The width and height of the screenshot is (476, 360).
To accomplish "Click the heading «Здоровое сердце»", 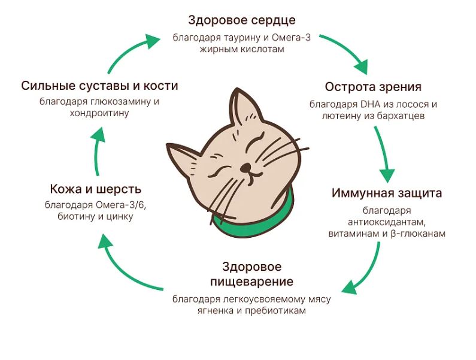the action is tap(242, 20).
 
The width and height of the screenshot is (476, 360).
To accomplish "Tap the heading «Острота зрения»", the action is tap(373, 87).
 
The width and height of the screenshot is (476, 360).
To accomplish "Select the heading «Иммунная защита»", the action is tap(386, 193).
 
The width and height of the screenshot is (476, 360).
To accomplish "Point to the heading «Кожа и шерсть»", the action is tap(96, 189).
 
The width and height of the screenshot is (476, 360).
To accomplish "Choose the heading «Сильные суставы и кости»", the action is tap(99, 86).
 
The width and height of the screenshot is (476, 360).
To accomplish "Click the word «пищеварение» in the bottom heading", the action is tap(251, 282).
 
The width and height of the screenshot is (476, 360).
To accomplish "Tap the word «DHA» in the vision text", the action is tap(370, 104).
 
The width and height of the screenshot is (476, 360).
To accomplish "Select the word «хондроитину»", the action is tap(99, 114).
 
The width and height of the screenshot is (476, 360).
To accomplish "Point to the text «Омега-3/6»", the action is tap(120, 205).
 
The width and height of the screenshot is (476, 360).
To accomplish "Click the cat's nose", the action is tap(245, 167).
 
